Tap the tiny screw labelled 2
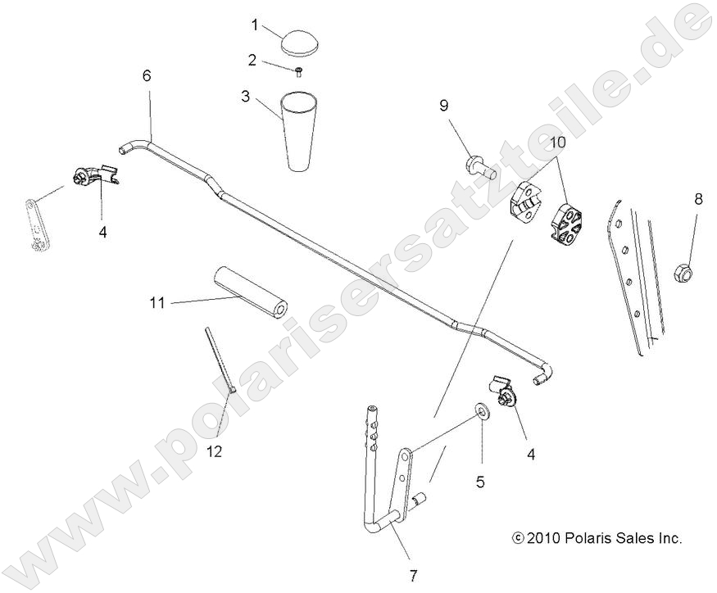point(299,71)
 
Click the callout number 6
point(147,76)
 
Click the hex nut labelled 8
point(686,270)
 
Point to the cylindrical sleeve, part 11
point(249,292)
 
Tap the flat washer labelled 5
point(481,409)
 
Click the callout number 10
point(557,142)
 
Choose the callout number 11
point(157,303)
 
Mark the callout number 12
point(214,450)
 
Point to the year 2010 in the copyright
point(544,539)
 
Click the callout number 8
point(698,199)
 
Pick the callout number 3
point(245,96)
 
